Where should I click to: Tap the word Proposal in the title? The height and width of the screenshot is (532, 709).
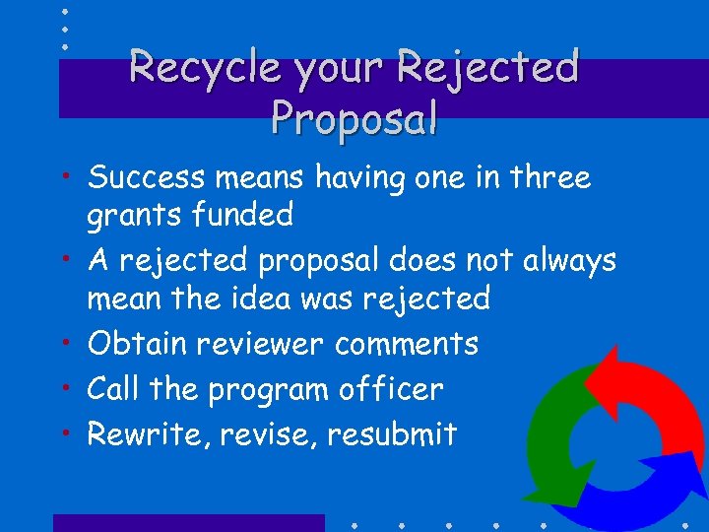pyautogui.click(x=354, y=118)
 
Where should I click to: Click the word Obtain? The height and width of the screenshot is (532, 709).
pyautogui.click(x=137, y=344)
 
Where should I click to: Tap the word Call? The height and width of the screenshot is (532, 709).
pyautogui.click(x=113, y=389)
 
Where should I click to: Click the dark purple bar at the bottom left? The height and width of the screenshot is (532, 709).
pyautogui.click(x=188, y=523)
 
